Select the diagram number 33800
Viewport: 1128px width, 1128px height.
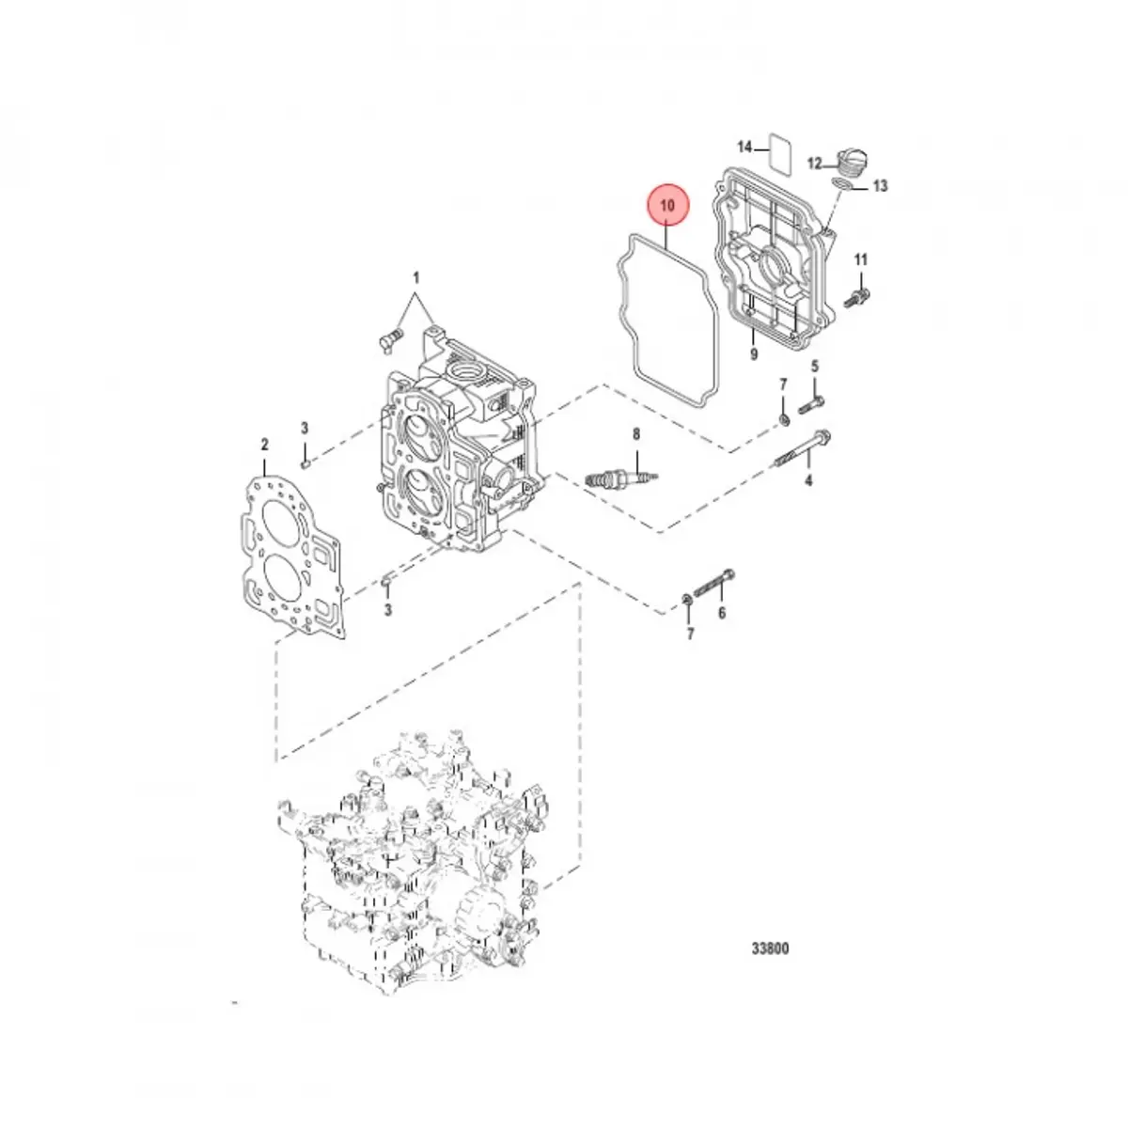[x=770, y=948]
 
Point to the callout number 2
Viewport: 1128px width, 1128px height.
[x=265, y=445]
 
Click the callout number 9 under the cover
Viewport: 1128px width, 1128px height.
[x=753, y=353]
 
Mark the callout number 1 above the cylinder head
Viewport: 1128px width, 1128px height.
[x=415, y=278]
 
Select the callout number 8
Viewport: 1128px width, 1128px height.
[x=635, y=433]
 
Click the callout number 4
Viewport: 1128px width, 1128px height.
[x=807, y=482]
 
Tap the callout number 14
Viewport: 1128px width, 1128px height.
[x=744, y=148]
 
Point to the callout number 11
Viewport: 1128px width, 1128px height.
[x=861, y=259]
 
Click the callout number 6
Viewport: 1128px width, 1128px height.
[x=722, y=614]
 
